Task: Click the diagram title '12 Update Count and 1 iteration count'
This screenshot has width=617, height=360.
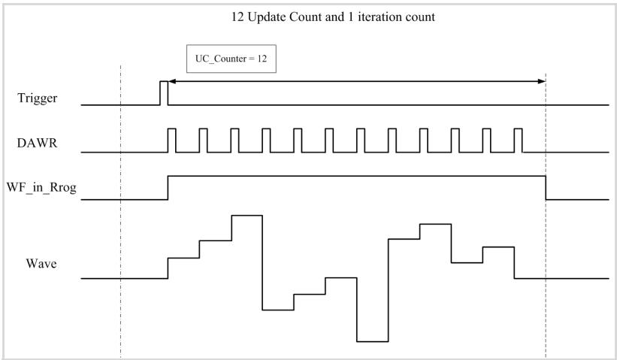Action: coord(333,17)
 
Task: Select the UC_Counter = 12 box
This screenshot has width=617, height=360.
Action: coord(231,59)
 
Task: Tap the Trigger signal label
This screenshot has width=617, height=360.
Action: coord(38,98)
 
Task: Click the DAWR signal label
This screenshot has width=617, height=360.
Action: coord(38,143)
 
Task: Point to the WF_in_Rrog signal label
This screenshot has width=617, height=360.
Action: coord(41,188)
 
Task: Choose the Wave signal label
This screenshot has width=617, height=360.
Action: coord(41,263)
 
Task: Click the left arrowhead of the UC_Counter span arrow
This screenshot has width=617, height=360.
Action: coord(171,81)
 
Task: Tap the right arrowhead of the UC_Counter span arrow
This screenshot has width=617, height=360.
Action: coord(542,81)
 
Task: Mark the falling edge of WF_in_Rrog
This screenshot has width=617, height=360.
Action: coord(546,188)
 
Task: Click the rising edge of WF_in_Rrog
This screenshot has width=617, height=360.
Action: coord(168,188)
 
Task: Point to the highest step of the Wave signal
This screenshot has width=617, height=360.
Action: coord(246,216)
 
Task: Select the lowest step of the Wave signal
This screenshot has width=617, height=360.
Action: coord(373,341)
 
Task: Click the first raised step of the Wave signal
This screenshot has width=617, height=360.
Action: coord(184,258)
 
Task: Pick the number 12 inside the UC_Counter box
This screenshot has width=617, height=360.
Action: coord(262,59)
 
